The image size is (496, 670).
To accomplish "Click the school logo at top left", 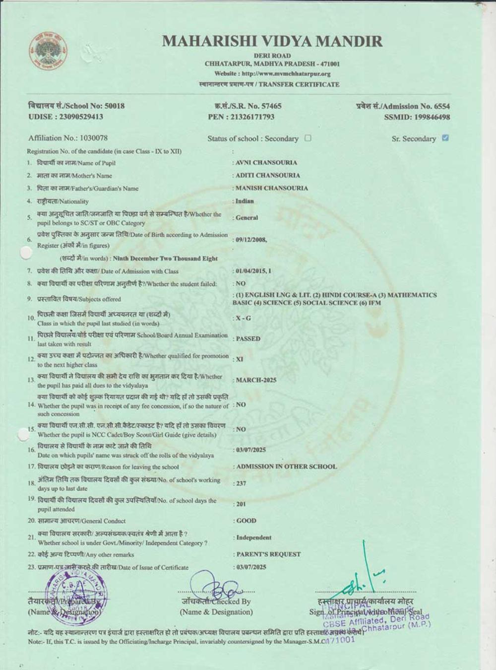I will point(48,51).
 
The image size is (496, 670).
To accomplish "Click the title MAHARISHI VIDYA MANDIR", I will point(272,41).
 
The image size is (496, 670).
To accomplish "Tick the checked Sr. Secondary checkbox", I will point(445,138).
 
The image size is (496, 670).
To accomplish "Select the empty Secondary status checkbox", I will point(308,138).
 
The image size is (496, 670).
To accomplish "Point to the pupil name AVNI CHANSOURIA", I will point(266,162).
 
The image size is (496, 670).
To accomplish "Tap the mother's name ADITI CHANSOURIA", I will point(268,175).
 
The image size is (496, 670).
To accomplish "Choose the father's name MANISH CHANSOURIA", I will point(272,188).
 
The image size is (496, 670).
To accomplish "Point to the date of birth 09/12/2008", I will point(251,239).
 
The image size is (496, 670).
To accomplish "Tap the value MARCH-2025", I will point(256,380).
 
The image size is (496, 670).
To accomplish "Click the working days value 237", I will point(241,483).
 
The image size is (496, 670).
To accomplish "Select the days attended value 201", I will point(241,504).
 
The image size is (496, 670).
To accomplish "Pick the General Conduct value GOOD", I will point(247,521).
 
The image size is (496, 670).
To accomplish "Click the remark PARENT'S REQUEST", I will point(268,554).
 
